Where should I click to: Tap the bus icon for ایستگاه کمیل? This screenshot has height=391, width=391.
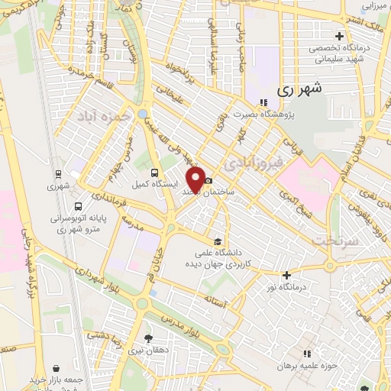click(x=155, y=173)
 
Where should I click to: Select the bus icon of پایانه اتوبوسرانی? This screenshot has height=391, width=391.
click(x=78, y=205)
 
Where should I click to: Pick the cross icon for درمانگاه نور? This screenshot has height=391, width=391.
click(x=286, y=275)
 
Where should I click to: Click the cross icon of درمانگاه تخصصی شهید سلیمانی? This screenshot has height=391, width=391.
click(x=339, y=36)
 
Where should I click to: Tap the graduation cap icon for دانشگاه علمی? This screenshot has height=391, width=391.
click(x=218, y=242)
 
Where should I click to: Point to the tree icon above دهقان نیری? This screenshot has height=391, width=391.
click(x=147, y=336)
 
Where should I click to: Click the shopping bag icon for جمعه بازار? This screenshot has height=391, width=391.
click(x=57, y=368)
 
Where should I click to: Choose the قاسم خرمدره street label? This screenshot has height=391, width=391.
click(x=85, y=73)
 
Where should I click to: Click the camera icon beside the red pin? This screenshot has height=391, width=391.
click(x=208, y=179)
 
